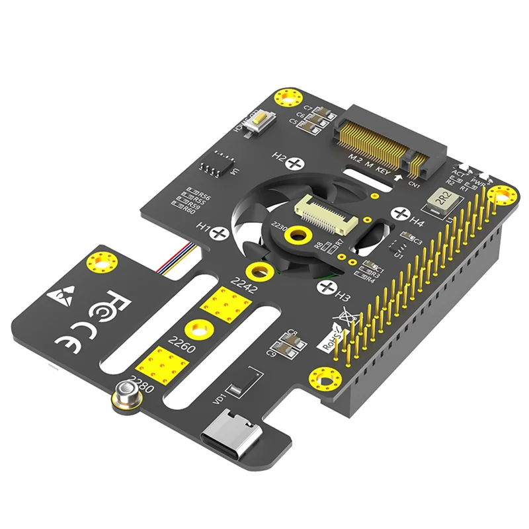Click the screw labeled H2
(x=296, y=161)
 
